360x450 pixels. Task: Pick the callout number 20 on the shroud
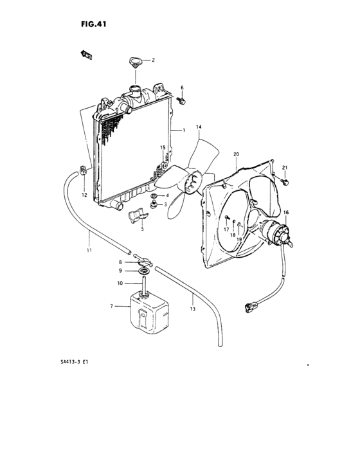tap(237, 154)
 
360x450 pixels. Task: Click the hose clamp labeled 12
tap(82, 171)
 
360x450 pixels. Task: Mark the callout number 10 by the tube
tap(120, 283)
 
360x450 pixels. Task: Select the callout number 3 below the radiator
tap(165, 205)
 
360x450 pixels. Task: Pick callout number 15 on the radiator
tap(163, 148)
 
